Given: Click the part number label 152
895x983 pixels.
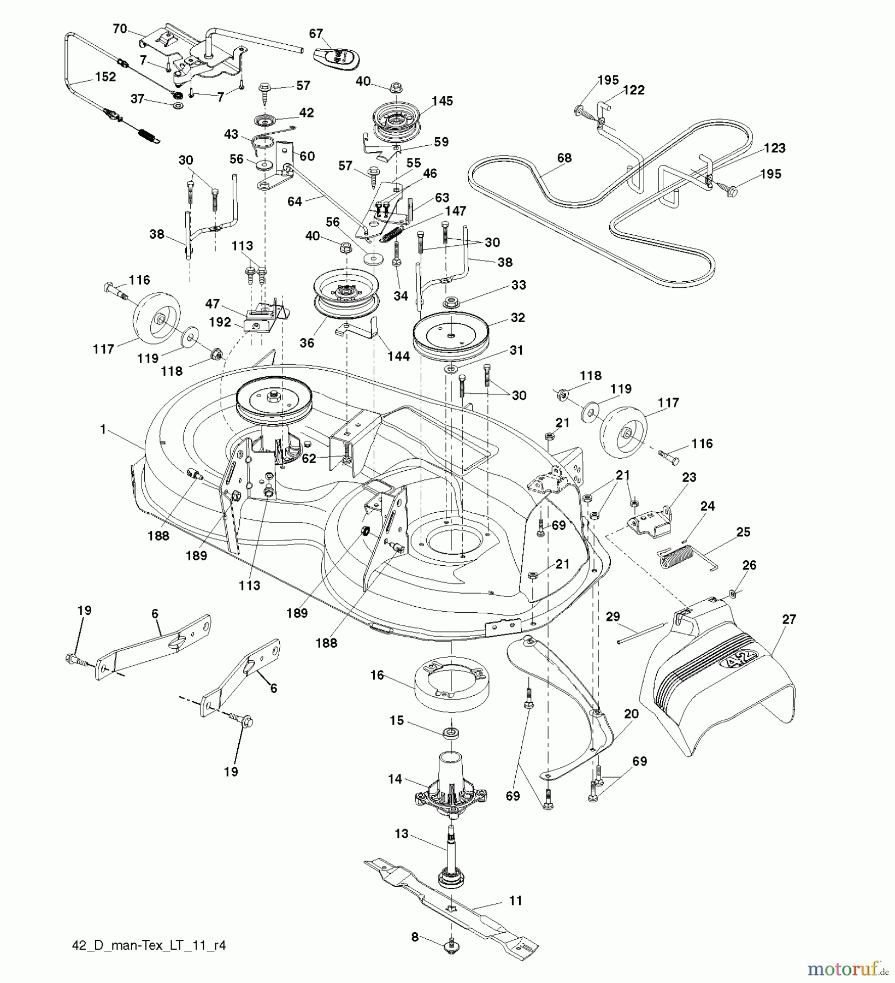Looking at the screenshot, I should (105, 77).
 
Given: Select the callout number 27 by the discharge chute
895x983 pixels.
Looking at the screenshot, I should (789, 619).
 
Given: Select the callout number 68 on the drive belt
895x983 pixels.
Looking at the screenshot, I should (564, 158).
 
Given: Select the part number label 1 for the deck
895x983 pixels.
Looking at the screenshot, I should (103, 430).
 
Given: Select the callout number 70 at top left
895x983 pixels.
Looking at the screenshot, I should (120, 28).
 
